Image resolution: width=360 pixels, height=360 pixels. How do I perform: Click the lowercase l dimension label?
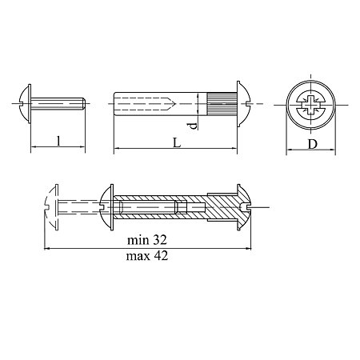tap(58, 141)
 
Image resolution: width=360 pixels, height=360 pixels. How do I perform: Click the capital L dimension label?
tap(177, 142)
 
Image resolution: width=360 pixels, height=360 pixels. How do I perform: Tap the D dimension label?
tap(313, 144)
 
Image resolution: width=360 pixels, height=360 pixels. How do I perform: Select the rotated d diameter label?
tap(194, 126)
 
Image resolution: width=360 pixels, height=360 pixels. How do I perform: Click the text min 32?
tap(147, 240)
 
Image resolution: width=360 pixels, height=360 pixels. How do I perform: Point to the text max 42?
tap(147, 256)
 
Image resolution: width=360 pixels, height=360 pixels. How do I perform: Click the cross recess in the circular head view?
tap(311, 104)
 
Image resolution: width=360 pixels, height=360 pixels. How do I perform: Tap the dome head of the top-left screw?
tap(25, 104)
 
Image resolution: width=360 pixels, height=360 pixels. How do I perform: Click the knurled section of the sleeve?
tap(222, 104)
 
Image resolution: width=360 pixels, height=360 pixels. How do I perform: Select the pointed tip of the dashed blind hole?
tap(174, 104)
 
